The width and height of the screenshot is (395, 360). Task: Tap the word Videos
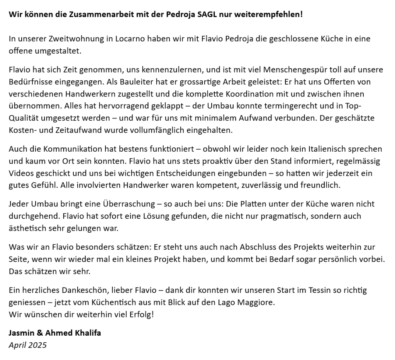(21, 173)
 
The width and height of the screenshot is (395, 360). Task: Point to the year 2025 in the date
(37, 345)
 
